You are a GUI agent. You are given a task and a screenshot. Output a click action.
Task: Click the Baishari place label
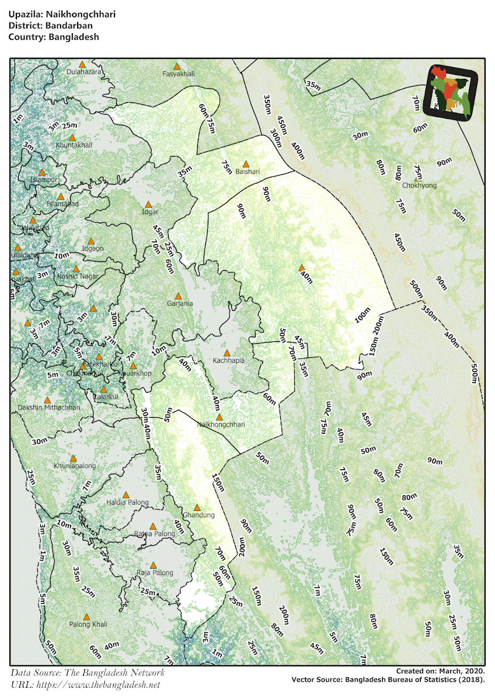(x=247, y=171)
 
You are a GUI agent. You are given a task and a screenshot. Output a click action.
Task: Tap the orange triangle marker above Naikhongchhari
(x=219, y=417)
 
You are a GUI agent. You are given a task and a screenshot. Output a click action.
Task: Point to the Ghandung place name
(x=199, y=515)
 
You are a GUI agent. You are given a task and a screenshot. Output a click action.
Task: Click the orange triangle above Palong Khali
(x=86, y=617)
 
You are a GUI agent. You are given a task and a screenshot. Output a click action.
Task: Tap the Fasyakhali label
(x=178, y=74)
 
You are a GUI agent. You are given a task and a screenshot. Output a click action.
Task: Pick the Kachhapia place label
(x=228, y=360)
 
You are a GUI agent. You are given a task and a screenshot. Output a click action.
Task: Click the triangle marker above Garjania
(x=179, y=296)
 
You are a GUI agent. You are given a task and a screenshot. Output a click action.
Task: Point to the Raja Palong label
(x=155, y=573)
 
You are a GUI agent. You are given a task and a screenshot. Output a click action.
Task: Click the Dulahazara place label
(x=84, y=72)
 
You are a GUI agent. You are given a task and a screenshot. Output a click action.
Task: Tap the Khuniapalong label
(x=75, y=466)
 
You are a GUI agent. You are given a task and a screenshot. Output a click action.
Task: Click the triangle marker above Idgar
(x=148, y=204)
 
